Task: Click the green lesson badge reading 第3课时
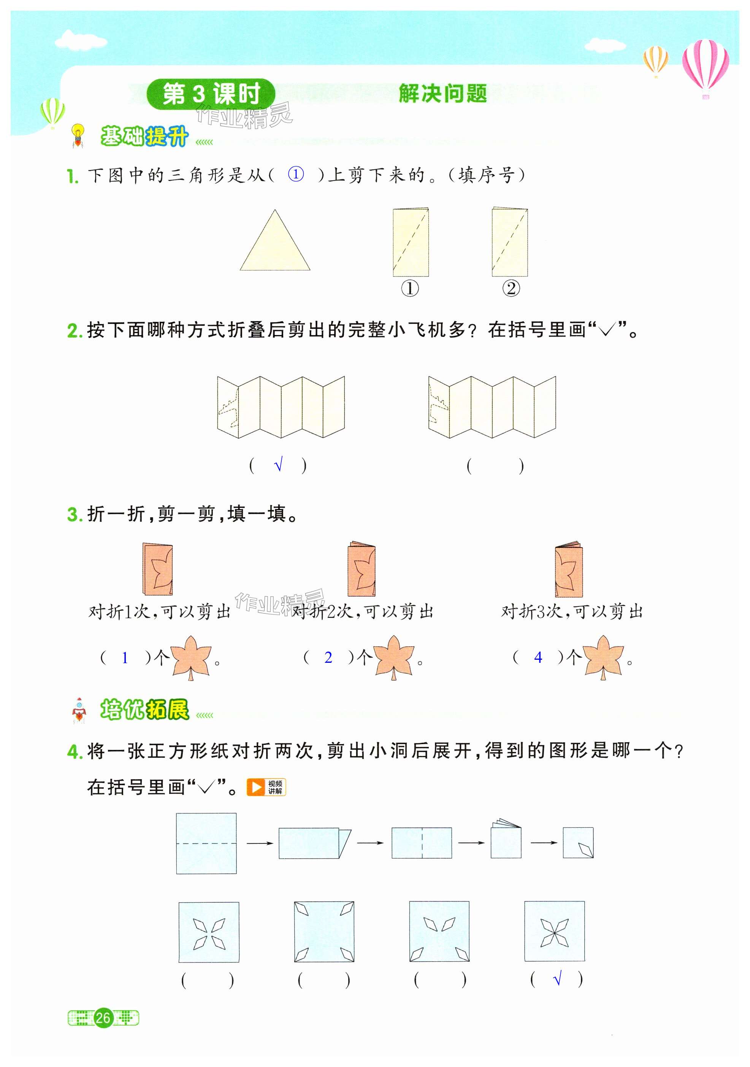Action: [x=211, y=94]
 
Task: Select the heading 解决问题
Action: [x=443, y=94]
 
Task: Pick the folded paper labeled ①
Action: [x=410, y=242]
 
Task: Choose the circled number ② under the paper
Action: [x=511, y=289]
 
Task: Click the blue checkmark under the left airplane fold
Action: [x=278, y=465]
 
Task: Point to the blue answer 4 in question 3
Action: [x=538, y=657]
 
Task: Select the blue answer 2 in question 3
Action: [x=328, y=657]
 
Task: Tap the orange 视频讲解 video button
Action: [x=266, y=787]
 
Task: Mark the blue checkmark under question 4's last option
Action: [x=558, y=980]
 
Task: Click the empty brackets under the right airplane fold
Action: [x=495, y=466]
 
